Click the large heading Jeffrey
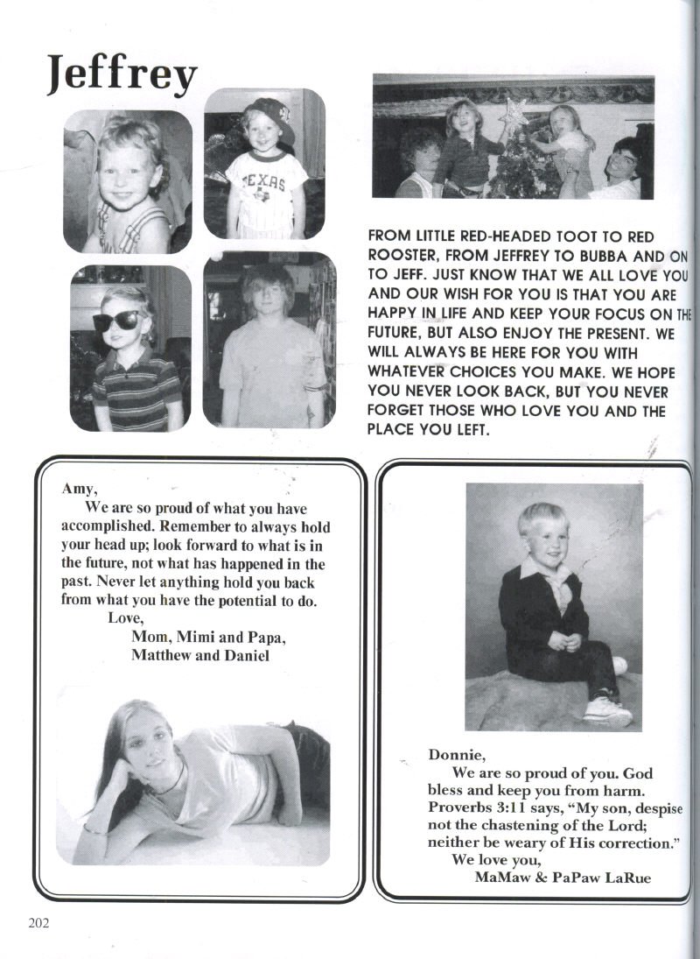pos(122,74)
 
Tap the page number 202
pos(39,921)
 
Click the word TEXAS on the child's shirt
pos(265,184)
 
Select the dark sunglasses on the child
pos(121,321)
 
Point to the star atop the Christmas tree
pos(514,112)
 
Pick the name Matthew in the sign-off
pos(162,656)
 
